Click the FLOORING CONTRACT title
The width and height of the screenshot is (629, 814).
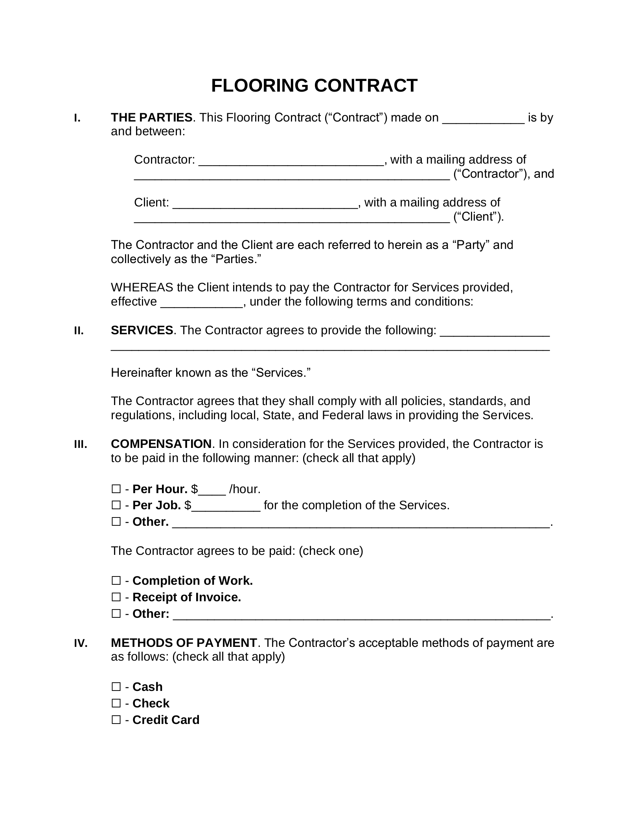pyautogui.click(x=314, y=86)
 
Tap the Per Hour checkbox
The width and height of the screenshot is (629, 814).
pyautogui.click(x=116, y=489)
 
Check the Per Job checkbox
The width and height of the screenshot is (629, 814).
pyautogui.click(x=116, y=505)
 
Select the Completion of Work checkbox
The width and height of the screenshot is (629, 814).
pyautogui.click(x=116, y=581)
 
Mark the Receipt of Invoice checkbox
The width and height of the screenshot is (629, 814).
pyautogui.click(x=116, y=597)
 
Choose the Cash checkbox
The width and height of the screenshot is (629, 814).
pyautogui.click(x=116, y=687)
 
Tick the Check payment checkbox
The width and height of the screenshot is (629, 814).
pyautogui.click(x=116, y=704)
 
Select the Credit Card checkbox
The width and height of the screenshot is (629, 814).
pyautogui.click(x=116, y=720)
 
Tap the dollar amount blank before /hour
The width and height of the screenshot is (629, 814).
pyautogui.click(x=212, y=491)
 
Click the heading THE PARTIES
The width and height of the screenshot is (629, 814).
pyautogui.click(x=152, y=118)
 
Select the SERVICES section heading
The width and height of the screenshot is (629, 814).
pyautogui.click(x=142, y=330)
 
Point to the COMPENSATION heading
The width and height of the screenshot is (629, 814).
pyautogui.click(x=161, y=444)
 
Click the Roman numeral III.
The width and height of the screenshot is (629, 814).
pyautogui.click(x=80, y=444)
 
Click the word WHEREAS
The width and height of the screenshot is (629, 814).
pyautogui.click(x=142, y=287)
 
